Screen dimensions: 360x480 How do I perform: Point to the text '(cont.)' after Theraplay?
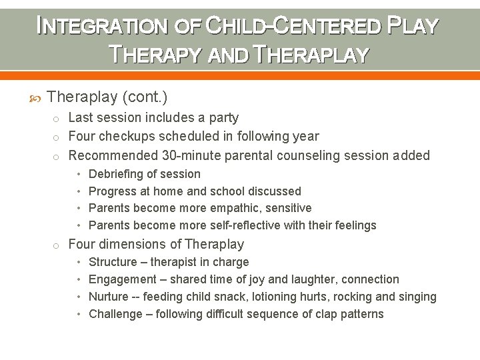[145, 97]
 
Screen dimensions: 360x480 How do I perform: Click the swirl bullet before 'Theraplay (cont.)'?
[36, 98]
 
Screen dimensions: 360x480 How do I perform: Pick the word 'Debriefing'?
[116, 174]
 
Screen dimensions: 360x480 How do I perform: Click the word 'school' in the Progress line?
[237, 191]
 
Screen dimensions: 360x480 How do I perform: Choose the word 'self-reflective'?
[241, 225]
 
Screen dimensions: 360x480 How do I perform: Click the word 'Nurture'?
[109, 297]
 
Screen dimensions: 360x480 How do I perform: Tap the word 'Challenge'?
[115, 314]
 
